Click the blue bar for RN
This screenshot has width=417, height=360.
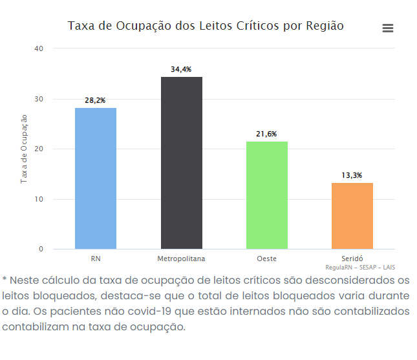point(96,178)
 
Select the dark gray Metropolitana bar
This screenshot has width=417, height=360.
point(182,163)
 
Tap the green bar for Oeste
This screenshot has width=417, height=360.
point(267,195)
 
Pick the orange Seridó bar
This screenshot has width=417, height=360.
point(352,216)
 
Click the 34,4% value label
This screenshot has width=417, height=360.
point(181,69)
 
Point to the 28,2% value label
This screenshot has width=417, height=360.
point(96,100)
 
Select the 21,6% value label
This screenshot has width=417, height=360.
point(266,134)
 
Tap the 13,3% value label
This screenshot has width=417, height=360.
point(352,175)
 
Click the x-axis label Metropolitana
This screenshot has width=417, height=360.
point(181,259)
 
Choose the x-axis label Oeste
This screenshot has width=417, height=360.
point(266,259)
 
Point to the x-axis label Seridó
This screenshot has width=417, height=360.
point(352,259)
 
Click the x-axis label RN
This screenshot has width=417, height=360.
point(96,259)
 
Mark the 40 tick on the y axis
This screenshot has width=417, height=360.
point(39,48)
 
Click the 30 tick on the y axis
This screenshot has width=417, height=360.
point(39,99)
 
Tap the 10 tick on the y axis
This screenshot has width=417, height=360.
point(39,199)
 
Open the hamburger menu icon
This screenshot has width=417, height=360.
point(388,28)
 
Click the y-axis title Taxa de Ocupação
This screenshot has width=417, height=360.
point(24,149)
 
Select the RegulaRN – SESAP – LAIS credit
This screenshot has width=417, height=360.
point(360,267)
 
